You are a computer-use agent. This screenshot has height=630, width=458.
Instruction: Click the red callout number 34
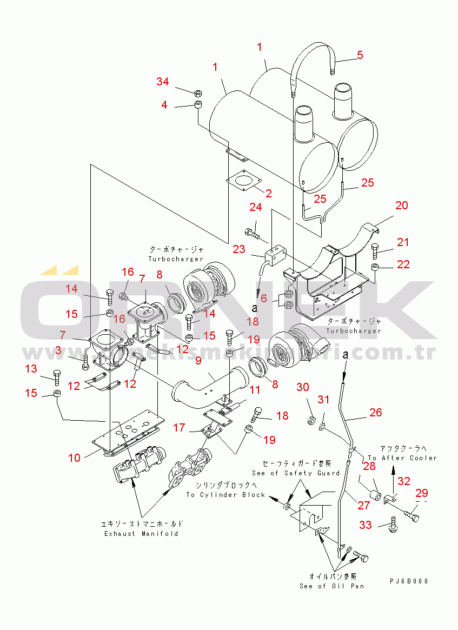click(163, 82)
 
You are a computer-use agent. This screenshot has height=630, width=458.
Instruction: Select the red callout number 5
click(360, 55)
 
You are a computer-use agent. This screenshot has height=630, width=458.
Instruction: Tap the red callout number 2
click(268, 193)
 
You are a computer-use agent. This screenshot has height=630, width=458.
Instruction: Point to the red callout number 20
click(401, 205)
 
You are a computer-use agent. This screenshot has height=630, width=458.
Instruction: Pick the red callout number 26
click(375, 413)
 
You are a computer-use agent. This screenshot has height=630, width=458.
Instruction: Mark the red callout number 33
click(366, 525)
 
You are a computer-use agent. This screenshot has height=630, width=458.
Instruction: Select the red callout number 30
click(303, 387)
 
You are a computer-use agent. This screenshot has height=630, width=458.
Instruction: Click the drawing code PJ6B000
click(409, 581)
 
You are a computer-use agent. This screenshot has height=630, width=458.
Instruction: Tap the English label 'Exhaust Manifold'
click(141, 534)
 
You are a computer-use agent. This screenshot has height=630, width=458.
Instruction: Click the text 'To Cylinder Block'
click(226, 495)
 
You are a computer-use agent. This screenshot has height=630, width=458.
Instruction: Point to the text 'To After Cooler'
click(402, 458)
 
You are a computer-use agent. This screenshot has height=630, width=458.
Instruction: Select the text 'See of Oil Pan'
click(332, 586)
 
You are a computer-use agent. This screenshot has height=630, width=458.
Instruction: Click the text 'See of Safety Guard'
click(296, 473)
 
